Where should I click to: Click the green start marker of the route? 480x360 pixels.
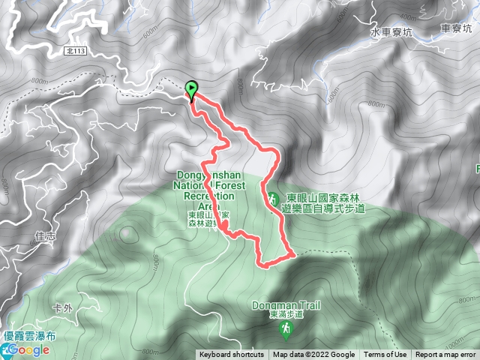191,89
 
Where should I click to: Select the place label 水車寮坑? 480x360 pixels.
391,34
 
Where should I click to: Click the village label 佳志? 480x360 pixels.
45,235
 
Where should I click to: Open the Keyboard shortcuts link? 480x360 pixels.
231,355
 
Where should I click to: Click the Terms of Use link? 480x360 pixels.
385,355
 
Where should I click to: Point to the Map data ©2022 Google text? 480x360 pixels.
313,355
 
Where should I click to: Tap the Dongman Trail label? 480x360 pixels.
285,306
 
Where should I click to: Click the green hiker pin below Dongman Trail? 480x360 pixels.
286,328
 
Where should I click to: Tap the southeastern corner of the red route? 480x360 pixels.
295,255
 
